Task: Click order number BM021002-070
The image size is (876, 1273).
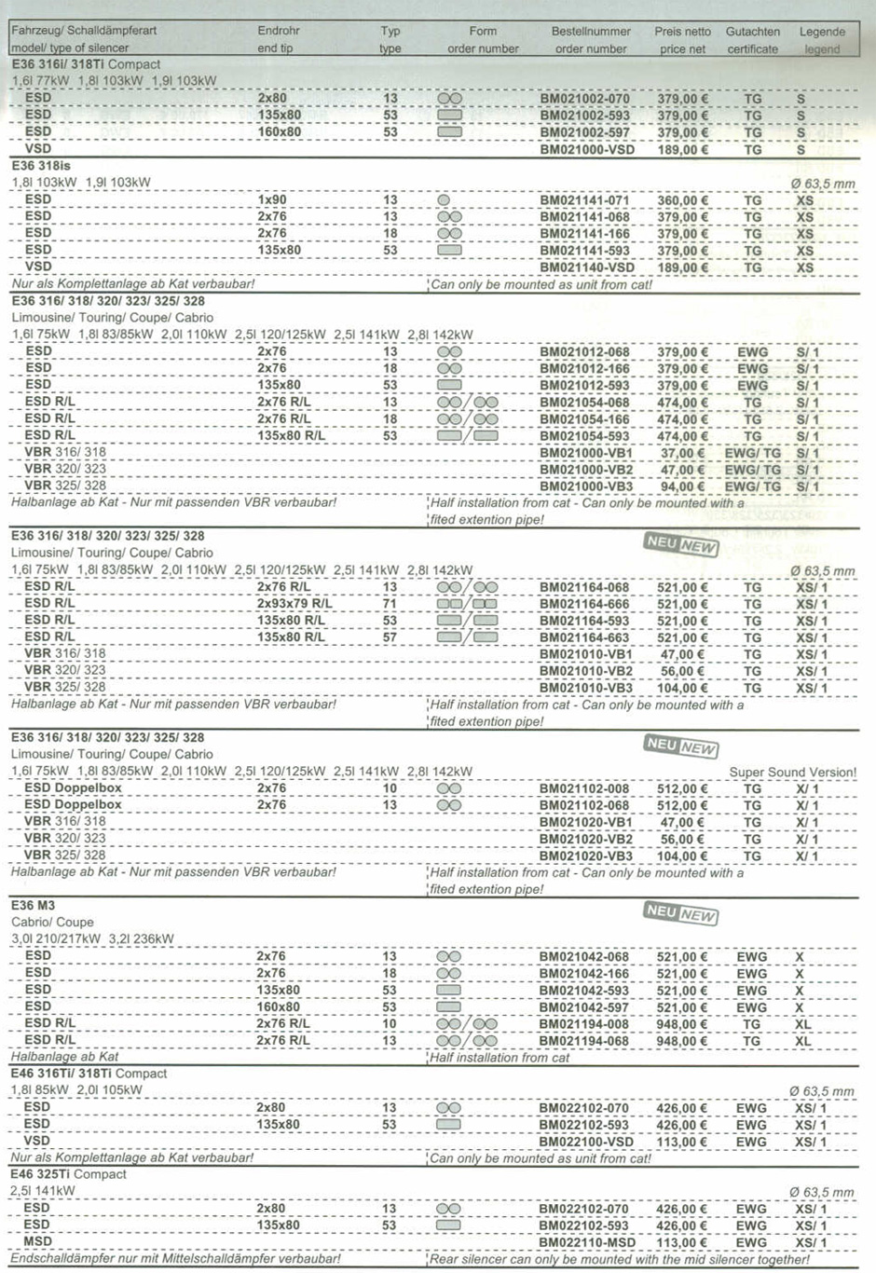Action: (584, 99)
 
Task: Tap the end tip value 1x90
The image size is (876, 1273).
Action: (272, 200)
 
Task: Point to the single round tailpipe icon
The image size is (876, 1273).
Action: (444, 200)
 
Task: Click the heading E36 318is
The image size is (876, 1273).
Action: (41, 166)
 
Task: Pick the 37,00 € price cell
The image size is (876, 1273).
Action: (682, 453)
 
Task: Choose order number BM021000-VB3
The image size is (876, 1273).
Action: (586, 486)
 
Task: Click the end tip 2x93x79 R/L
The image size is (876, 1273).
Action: (294, 604)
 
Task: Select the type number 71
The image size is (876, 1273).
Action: (390, 604)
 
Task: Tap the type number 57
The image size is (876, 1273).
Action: (390, 637)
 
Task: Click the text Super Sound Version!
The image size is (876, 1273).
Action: (792, 772)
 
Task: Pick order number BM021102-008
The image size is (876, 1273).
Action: (584, 788)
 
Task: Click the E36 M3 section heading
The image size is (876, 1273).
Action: (34, 906)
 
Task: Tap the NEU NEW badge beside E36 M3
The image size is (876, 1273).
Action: (680, 913)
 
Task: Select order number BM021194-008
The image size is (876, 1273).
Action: (584, 1024)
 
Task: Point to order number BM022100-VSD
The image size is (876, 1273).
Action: (586, 1142)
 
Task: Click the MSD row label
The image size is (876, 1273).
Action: (37, 1241)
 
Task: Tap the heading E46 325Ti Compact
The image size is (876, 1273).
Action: (68, 1174)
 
